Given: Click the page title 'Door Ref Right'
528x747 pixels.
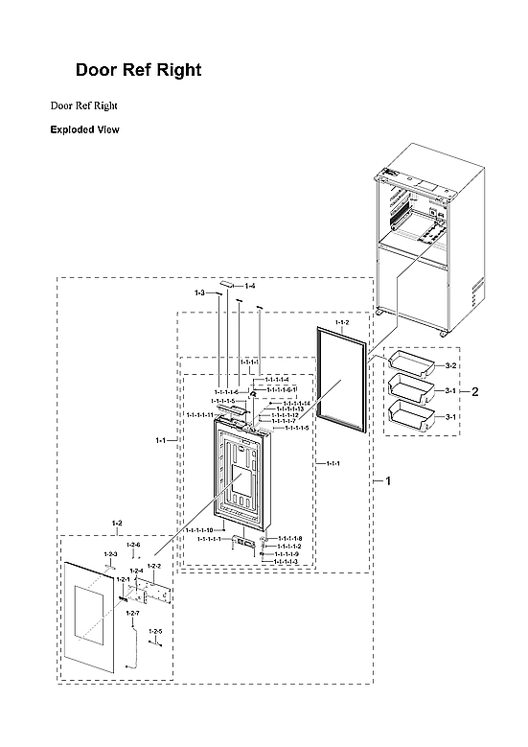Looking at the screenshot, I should (138, 71).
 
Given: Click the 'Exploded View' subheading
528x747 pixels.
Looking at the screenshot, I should (84, 129).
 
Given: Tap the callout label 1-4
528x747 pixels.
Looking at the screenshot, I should (249, 286).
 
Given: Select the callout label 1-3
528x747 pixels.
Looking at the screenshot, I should (199, 292).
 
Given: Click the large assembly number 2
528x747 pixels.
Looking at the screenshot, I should (473, 391).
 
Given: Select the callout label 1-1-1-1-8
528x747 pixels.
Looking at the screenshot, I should (289, 538).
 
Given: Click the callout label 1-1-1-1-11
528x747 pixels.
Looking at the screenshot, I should (226, 414).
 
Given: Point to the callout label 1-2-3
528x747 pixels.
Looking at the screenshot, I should (110, 554).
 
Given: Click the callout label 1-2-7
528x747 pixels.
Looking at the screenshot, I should (132, 613).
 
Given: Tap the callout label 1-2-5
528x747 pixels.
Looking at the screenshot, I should (155, 631).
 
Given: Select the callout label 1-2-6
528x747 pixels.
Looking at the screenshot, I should (133, 545).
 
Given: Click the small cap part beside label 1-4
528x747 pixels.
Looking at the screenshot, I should (226, 284).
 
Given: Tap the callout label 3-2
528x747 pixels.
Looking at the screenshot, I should (449, 366).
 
